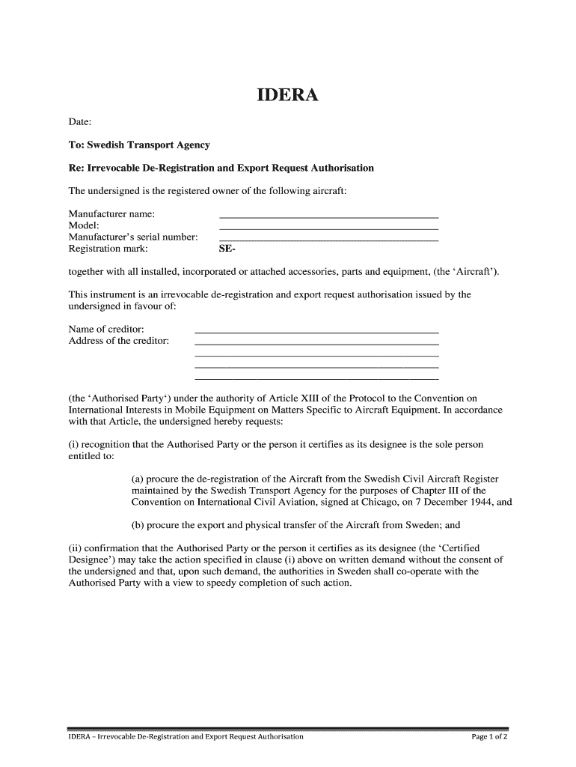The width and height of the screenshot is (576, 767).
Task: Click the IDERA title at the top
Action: point(288,96)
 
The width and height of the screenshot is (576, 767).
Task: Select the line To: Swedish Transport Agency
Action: point(139,145)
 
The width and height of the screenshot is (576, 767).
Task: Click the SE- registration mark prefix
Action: point(227,249)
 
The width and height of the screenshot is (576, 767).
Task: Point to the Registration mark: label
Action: point(108,249)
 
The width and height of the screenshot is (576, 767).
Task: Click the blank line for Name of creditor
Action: point(316,330)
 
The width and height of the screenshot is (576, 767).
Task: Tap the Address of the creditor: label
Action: point(118,341)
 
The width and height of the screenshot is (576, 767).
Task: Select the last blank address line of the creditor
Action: point(316,378)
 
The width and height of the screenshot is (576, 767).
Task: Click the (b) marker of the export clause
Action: point(138,525)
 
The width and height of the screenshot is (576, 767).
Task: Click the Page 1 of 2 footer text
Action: point(489,736)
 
